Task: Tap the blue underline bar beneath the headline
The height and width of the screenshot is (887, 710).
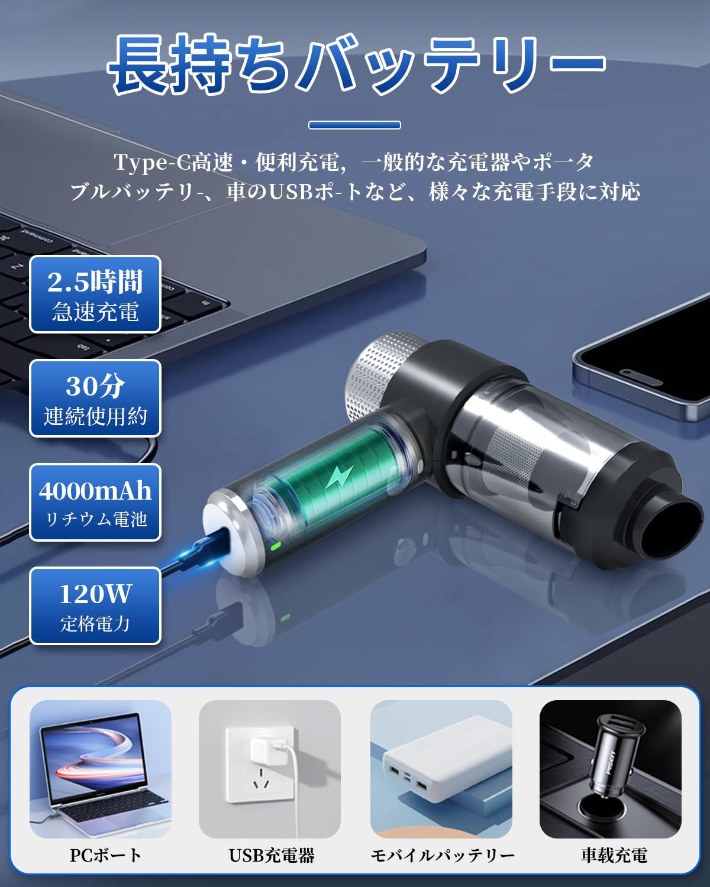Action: click(x=354, y=125)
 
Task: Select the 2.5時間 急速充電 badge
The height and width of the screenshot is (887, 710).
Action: click(x=95, y=294)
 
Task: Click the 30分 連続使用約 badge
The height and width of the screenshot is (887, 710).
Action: click(x=95, y=399)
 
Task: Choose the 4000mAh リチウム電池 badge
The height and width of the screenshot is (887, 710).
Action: click(x=95, y=503)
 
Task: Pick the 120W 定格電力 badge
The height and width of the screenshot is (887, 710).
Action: click(x=95, y=606)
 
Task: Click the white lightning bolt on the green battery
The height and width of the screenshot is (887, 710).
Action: click(x=340, y=477)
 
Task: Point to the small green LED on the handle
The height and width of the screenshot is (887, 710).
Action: click(x=276, y=546)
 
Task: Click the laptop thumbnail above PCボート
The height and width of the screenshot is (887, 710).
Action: click(x=101, y=769)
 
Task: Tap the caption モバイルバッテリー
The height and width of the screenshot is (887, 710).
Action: click(x=442, y=855)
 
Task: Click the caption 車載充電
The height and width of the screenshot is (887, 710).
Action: click(x=614, y=855)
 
